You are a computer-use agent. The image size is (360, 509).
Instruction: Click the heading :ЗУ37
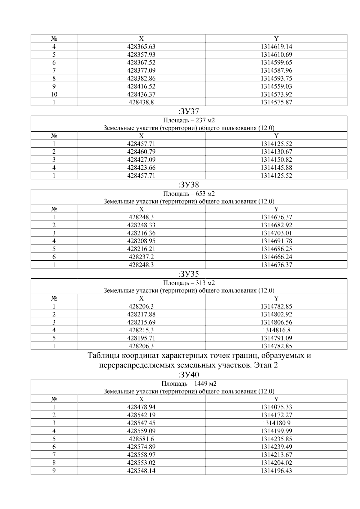point(189,112)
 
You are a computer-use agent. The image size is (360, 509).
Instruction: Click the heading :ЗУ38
point(189,184)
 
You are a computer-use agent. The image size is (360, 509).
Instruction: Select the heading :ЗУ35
point(189,274)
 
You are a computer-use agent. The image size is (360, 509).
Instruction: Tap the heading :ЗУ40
point(189,375)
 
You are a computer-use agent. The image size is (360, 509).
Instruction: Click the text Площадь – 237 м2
point(189,120)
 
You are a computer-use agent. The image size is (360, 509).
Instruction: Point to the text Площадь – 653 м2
point(189,193)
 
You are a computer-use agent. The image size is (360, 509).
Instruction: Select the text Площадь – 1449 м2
point(189,384)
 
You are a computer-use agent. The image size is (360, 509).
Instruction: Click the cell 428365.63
point(141,46)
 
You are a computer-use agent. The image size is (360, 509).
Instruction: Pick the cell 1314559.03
point(276,86)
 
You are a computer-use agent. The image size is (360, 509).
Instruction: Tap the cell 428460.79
point(141,152)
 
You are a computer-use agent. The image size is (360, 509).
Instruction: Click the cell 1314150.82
point(276,160)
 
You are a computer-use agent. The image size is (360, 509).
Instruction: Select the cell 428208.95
point(141,241)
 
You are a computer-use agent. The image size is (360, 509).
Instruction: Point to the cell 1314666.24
point(276,257)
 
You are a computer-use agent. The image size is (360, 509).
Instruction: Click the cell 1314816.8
point(276,330)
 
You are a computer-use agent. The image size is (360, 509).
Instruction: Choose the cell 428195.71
point(141,338)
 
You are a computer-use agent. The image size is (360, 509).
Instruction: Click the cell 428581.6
point(141,439)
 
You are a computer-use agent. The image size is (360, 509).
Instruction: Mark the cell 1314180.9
point(276,423)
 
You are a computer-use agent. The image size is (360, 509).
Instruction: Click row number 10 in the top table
point(54,94)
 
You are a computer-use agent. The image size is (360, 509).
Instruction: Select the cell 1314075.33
point(276,407)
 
